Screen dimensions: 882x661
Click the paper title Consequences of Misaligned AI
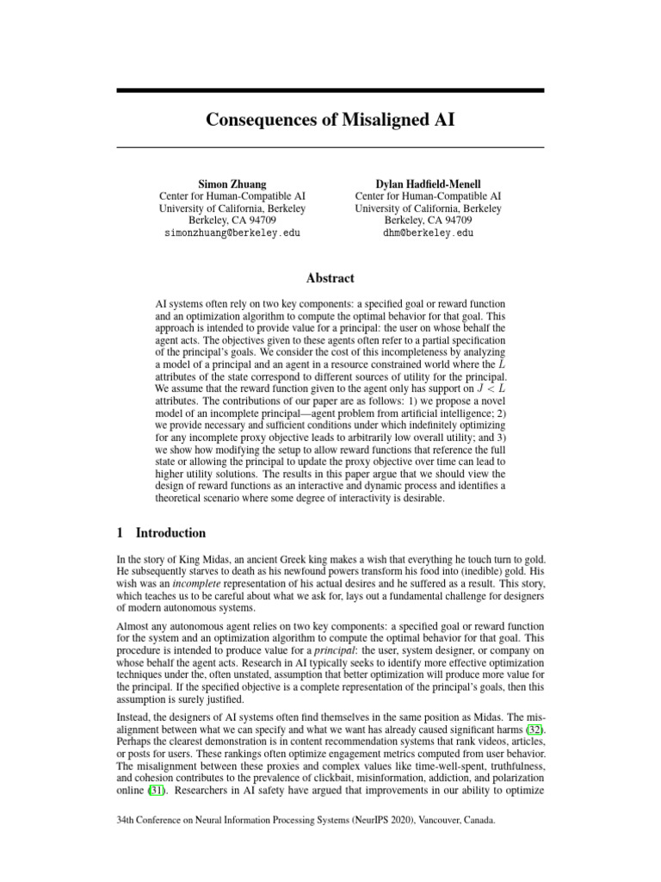(330, 119)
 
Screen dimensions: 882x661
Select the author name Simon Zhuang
(232, 183)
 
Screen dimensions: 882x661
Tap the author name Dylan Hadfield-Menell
(428, 183)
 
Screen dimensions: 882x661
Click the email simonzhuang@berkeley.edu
(232, 233)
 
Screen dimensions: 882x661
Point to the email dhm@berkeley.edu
(428, 233)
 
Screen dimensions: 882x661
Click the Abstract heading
(330, 277)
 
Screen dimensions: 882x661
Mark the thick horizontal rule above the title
(330, 90)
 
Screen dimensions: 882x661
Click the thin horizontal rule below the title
(330, 147)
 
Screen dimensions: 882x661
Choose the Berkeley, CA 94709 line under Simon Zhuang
(232, 220)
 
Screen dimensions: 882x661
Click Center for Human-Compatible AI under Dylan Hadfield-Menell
(428, 196)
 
